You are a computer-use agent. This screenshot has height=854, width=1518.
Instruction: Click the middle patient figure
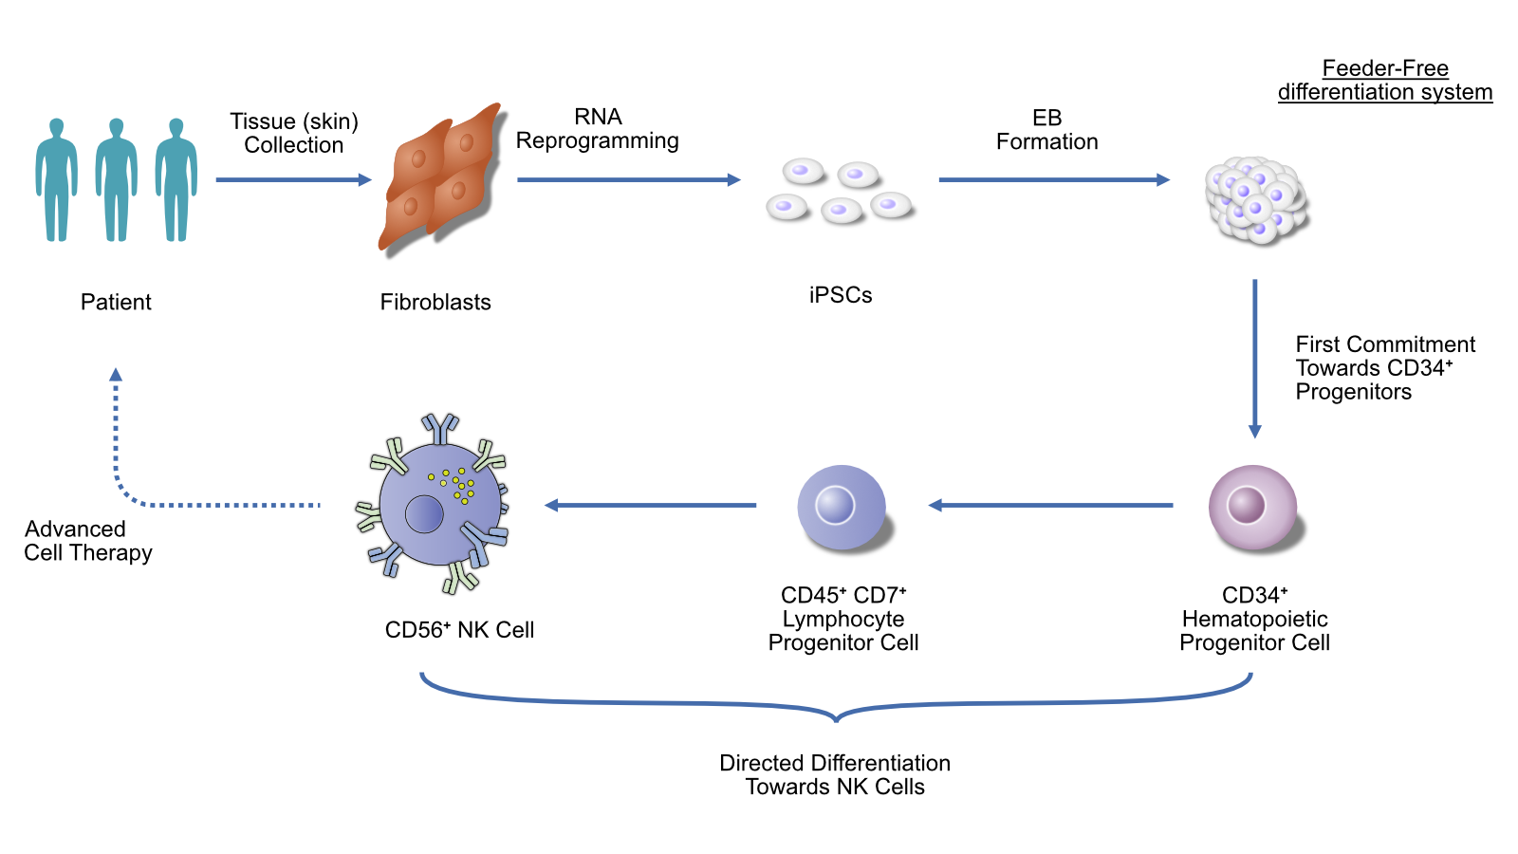[x=117, y=180]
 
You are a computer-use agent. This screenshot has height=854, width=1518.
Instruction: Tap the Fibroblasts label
[x=435, y=302]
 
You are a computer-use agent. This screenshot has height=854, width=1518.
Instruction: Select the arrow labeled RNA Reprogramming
[x=628, y=179]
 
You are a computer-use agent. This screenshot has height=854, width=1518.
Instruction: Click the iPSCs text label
[x=841, y=295]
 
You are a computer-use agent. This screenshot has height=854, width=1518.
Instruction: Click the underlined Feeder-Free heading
[x=1385, y=68]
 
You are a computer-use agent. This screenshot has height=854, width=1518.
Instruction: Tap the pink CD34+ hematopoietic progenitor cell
[x=1252, y=507]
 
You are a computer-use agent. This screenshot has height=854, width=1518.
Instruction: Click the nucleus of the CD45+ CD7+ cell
[x=835, y=504]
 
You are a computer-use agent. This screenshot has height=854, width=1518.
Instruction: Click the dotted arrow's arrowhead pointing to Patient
[x=116, y=375]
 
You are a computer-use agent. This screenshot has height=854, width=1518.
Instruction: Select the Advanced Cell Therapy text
[x=87, y=541]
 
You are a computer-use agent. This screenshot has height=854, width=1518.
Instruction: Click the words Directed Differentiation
[x=834, y=763]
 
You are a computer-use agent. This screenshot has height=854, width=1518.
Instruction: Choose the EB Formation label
[x=1046, y=130]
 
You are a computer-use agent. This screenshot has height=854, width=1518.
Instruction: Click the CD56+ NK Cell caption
[x=459, y=630]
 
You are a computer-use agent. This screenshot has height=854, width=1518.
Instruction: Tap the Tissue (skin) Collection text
[x=294, y=133]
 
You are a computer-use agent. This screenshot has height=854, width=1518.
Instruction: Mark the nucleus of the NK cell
[x=424, y=513]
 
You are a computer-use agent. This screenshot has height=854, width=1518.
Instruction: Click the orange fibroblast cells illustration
[x=442, y=179]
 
